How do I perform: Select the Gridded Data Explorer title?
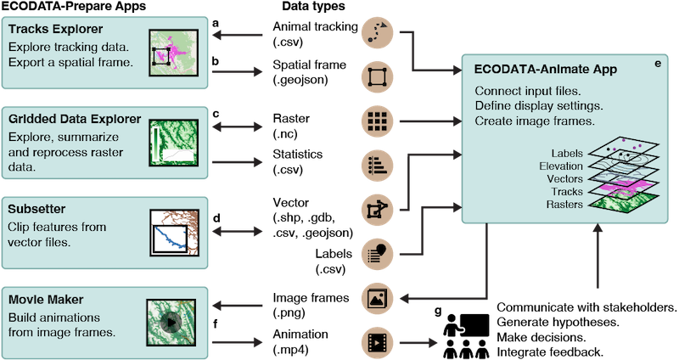click(74, 121)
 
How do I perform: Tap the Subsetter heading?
click(36, 210)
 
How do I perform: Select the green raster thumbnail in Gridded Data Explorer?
click(173, 141)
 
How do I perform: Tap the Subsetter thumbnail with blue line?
click(173, 231)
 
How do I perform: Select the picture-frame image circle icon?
click(374, 298)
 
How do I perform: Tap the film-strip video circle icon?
click(374, 342)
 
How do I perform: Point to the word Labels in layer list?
click(564, 153)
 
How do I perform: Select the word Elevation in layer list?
click(560, 166)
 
